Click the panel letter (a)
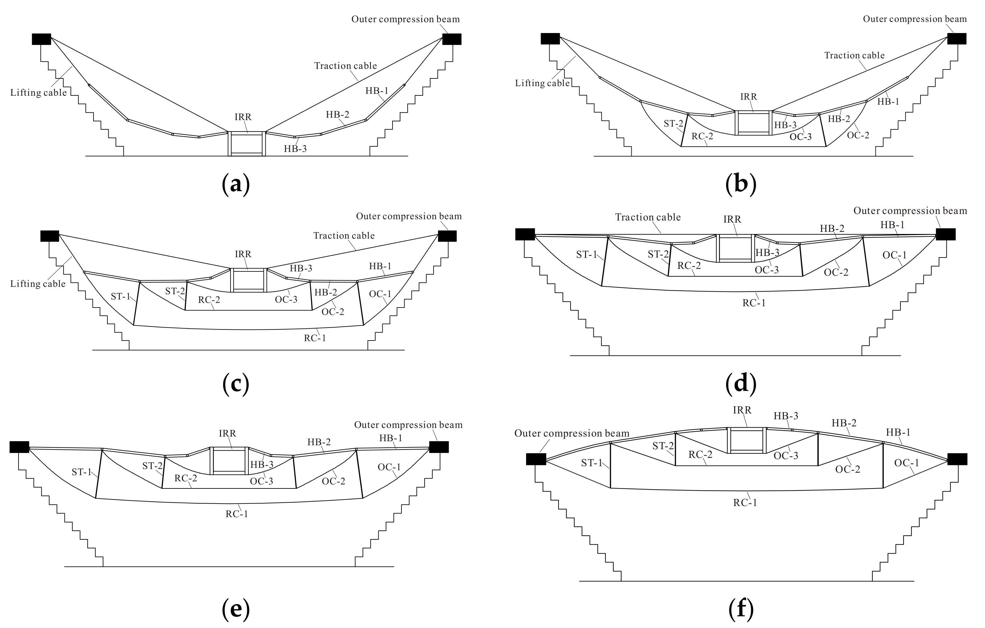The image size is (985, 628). tap(236, 185)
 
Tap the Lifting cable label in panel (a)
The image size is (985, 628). tap(39, 93)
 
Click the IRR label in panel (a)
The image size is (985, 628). tap(243, 117)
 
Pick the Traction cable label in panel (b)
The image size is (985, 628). tap(854, 56)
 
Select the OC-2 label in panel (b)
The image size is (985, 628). tap(858, 135)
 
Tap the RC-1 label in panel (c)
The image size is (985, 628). tap(315, 338)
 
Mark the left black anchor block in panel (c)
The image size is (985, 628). tap(49, 236)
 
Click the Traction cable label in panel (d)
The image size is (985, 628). tap(648, 217)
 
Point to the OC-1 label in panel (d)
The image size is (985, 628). tap(895, 255)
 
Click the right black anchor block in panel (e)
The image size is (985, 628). tap(439, 447)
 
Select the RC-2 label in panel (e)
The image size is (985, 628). tap(186, 478)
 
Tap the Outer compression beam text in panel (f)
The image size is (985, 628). tap(571, 433)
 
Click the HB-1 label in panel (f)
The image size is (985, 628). tap(898, 432)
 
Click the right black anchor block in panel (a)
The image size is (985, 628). tap(452, 39)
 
